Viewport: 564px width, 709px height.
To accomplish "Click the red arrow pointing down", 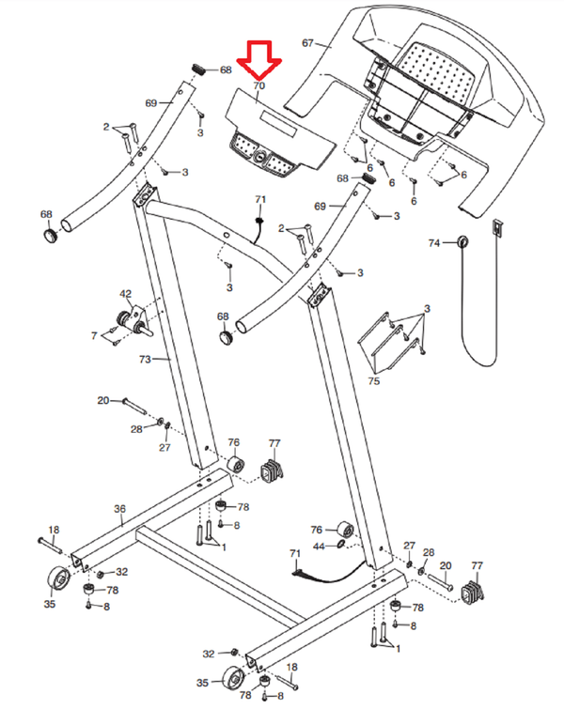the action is coord(258,60).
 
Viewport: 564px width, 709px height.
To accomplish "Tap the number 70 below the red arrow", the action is coord(258,85).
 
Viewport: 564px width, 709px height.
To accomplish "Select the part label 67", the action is coord(307,43).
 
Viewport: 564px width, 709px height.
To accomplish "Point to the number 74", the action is coord(434,243).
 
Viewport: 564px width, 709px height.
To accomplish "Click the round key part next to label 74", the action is coord(462,242).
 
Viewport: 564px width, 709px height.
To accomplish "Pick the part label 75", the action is coord(373,381).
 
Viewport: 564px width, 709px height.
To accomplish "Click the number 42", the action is coord(125,294).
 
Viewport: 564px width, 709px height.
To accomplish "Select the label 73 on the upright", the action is coord(145,359).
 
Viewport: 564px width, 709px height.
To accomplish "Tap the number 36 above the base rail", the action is coord(119,509).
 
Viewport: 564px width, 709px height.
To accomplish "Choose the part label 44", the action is coord(319,547).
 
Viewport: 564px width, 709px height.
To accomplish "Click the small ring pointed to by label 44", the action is coord(342,545).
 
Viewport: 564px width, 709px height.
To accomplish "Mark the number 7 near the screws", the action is coord(94,335).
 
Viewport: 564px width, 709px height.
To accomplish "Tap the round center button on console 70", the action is coord(259,156).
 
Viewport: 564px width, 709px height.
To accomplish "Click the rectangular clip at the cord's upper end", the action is coord(497,227).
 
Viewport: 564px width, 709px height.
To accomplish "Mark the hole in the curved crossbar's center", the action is coord(227,235).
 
